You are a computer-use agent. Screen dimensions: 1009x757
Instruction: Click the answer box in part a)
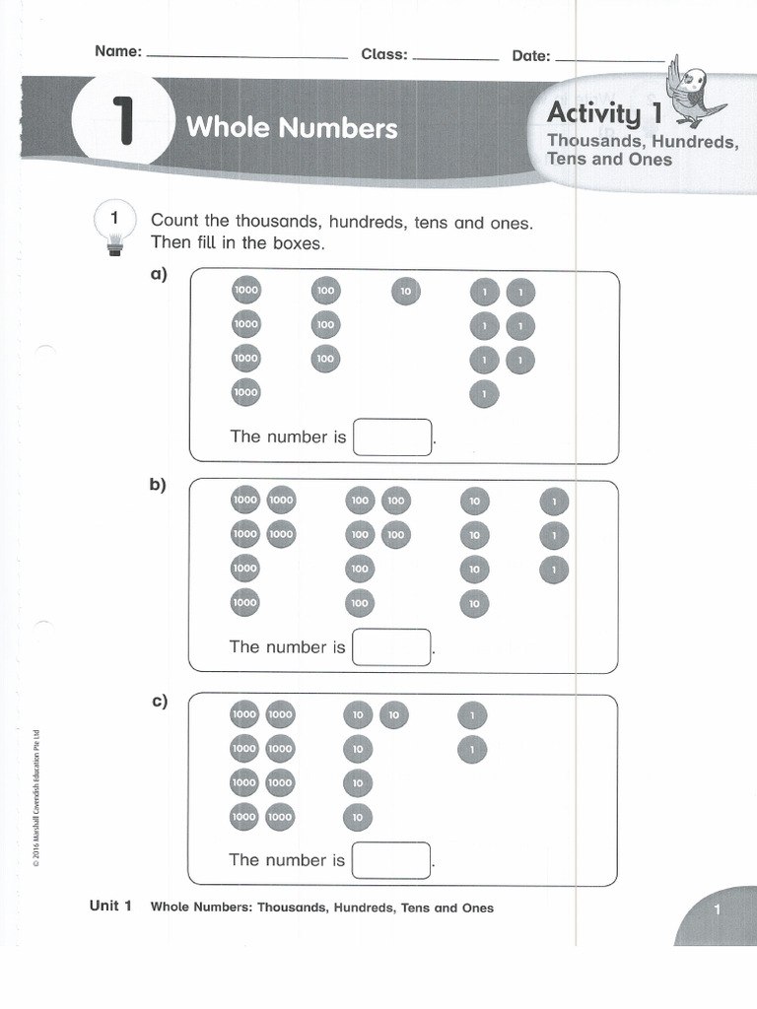point(392,437)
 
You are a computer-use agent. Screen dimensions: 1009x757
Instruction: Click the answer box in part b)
point(391,647)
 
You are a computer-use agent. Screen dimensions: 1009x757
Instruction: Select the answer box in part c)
point(391,860)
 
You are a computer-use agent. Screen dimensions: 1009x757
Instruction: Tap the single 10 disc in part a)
point(405,292)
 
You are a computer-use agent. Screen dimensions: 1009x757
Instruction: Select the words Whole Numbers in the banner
point(292,128)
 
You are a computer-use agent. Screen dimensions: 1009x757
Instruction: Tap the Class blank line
point(455,58)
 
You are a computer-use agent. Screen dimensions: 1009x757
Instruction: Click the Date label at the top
point(530,56)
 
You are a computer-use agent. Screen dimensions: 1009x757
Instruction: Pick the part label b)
point(159,485)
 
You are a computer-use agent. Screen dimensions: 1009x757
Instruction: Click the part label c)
point(159,702)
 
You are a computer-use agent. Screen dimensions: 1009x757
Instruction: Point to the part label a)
point(159,275)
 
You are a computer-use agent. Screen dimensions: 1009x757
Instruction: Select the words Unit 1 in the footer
point(110,907)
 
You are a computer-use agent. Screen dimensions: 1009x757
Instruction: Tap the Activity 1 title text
point(604,115)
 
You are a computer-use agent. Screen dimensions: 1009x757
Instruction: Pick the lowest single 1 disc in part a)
point(484,393)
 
